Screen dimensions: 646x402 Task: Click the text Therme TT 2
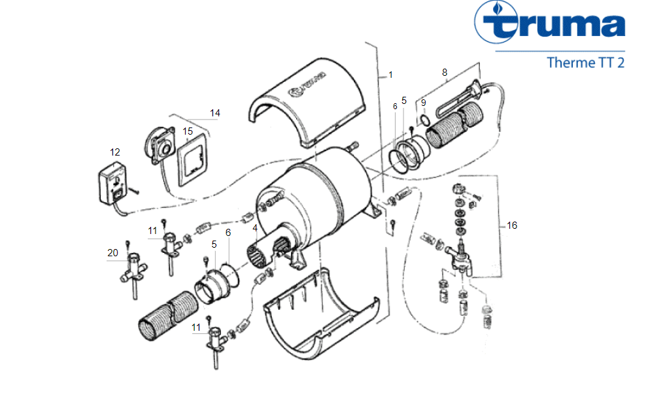(x=585, y=63)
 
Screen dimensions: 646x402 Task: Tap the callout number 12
(x=115, y=152)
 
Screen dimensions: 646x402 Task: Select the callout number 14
(x=214, y=113)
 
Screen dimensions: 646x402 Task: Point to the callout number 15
(x=188, y=131)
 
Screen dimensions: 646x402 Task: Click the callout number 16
(x=512, y=226)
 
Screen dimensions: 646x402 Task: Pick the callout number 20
(x=112, y=253)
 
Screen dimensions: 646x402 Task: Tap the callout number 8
(x=445, y=73)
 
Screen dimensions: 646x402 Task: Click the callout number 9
(x=423, y=103)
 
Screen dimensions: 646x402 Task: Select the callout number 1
(x=390, y=75)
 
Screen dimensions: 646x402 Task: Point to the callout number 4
(x=255, y=227)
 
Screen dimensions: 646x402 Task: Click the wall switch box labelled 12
(x=112, y=183)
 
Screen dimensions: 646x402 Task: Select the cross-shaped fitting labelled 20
(x=134, y=272)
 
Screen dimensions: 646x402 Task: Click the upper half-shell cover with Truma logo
(x=307, y=103)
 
